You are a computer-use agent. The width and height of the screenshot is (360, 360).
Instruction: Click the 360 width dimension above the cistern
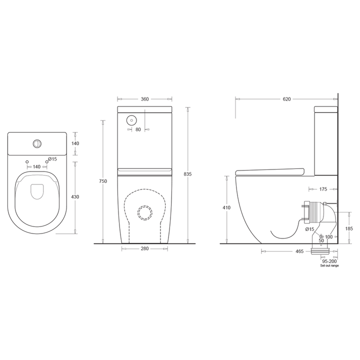click(x=144, y=99)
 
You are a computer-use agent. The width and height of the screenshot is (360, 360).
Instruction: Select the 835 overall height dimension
click(x=188, y=174)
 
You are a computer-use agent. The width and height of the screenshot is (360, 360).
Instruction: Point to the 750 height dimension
click(x=102, y=181)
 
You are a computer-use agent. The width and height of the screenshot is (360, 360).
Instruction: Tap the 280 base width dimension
click(x=144, y=248)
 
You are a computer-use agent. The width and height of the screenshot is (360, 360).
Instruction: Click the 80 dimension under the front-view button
click(x=138, y=129)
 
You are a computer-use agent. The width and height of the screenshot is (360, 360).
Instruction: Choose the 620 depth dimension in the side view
click(x=286, y=99)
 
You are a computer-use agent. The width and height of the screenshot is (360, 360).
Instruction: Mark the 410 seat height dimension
click(x=227, y=207)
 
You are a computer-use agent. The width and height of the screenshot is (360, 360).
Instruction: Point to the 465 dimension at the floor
click(x=286, y=251)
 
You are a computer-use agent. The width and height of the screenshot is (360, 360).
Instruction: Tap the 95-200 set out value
click(x=329, y=261)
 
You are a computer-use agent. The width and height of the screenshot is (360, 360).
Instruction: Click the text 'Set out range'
click(x=329, y=266)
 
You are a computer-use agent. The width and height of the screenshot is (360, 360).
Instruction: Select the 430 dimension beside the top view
click(x=75, y=197)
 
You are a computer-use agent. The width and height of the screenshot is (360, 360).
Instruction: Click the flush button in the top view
click(x=37, y=143)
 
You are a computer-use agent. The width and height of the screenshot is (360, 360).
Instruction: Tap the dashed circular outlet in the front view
click(x=145, y=212)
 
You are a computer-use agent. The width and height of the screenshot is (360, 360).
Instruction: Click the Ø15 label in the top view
click(x=52, y=159)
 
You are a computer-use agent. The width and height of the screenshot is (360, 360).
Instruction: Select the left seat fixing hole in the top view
click(x=27, y=162)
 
